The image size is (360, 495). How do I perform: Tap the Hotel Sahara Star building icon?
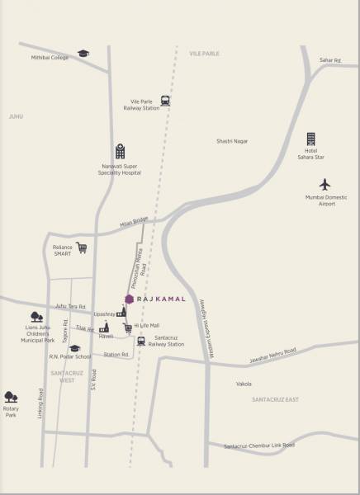tap(311, 139)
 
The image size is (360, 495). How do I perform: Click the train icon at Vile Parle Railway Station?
tap(166, 101)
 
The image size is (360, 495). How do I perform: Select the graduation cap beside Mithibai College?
tap(83, 54)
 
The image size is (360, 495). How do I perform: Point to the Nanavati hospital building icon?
tap(120, 151)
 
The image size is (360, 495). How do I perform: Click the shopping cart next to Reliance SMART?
tap(82, 247)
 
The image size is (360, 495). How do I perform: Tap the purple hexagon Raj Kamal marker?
tap(129, 299)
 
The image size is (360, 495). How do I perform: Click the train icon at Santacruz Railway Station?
tap(141, 340)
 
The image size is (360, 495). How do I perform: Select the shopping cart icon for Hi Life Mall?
tap(127, 328)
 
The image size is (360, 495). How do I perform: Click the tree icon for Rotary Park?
tap(11, 397)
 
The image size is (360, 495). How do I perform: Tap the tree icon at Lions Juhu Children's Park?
tap(36, 316)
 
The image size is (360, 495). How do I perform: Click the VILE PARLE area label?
tap(204, 53)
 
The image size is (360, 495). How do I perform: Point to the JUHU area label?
tap(16, 117)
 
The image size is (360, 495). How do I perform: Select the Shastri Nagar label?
tap(233, 143)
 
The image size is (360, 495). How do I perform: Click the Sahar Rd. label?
tap(330, 60)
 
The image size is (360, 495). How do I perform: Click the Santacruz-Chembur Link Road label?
tap(259, 445)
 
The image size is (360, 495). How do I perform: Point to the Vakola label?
tap(244, 384)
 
